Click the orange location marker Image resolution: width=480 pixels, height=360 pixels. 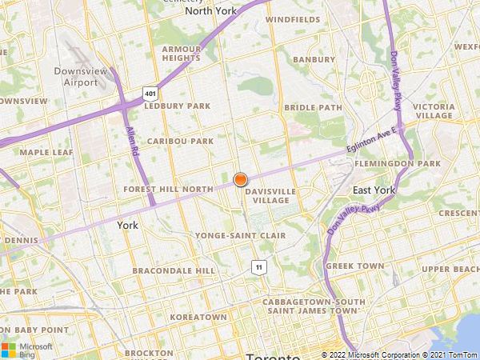click(x=240, y=180)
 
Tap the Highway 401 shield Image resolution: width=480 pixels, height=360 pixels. click(x=150, y=94)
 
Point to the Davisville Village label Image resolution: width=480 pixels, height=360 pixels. click(x=270, y=196)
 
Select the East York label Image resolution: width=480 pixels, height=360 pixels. click(x=374, y=190)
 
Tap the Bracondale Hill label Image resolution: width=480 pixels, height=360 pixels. click(x=174, y=270)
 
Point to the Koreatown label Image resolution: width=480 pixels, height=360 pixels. click(x=198, y=317)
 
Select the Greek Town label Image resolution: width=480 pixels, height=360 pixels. click(x=355, y=266)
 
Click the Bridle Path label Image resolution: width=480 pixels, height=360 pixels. click(x=314, y=106)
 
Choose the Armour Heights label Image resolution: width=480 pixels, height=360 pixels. click(x=182, y=53)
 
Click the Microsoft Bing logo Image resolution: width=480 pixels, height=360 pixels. click(x=26, y=349)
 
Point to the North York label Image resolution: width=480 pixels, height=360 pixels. click(x=211, y=11)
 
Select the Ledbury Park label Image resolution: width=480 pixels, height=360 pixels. click(x=178, y=106)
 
